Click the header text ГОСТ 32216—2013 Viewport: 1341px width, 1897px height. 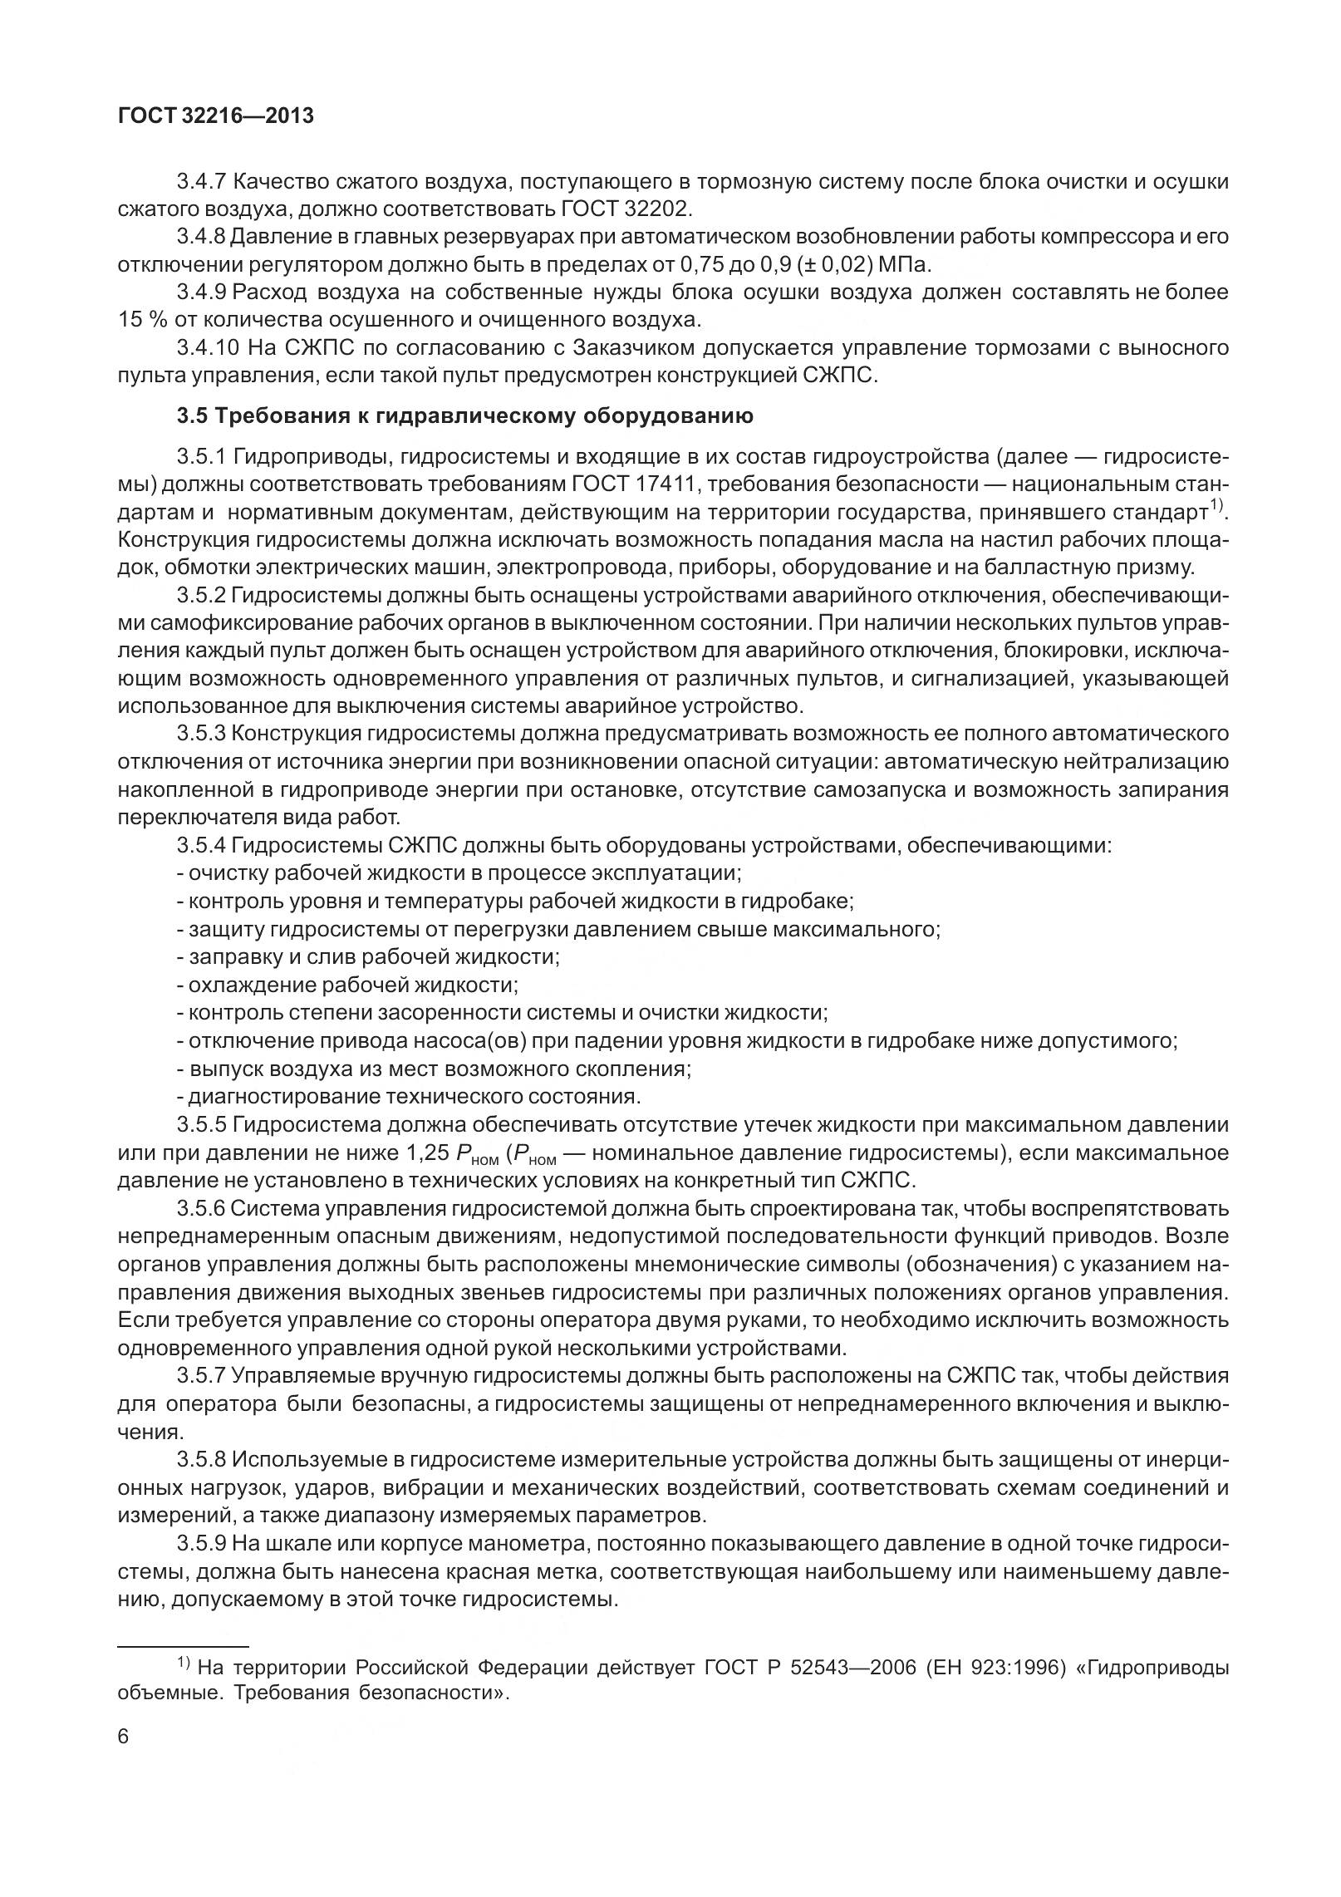pyautogui.click(x=216, y=117)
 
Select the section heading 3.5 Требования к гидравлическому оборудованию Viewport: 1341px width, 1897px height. pyautogui.click(x=465, y=415)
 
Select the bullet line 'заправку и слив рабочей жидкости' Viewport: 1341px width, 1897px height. pyautogui.click(x=368, y=956)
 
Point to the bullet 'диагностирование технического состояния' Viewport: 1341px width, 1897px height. pyautogui.click(x=408, y=1096)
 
